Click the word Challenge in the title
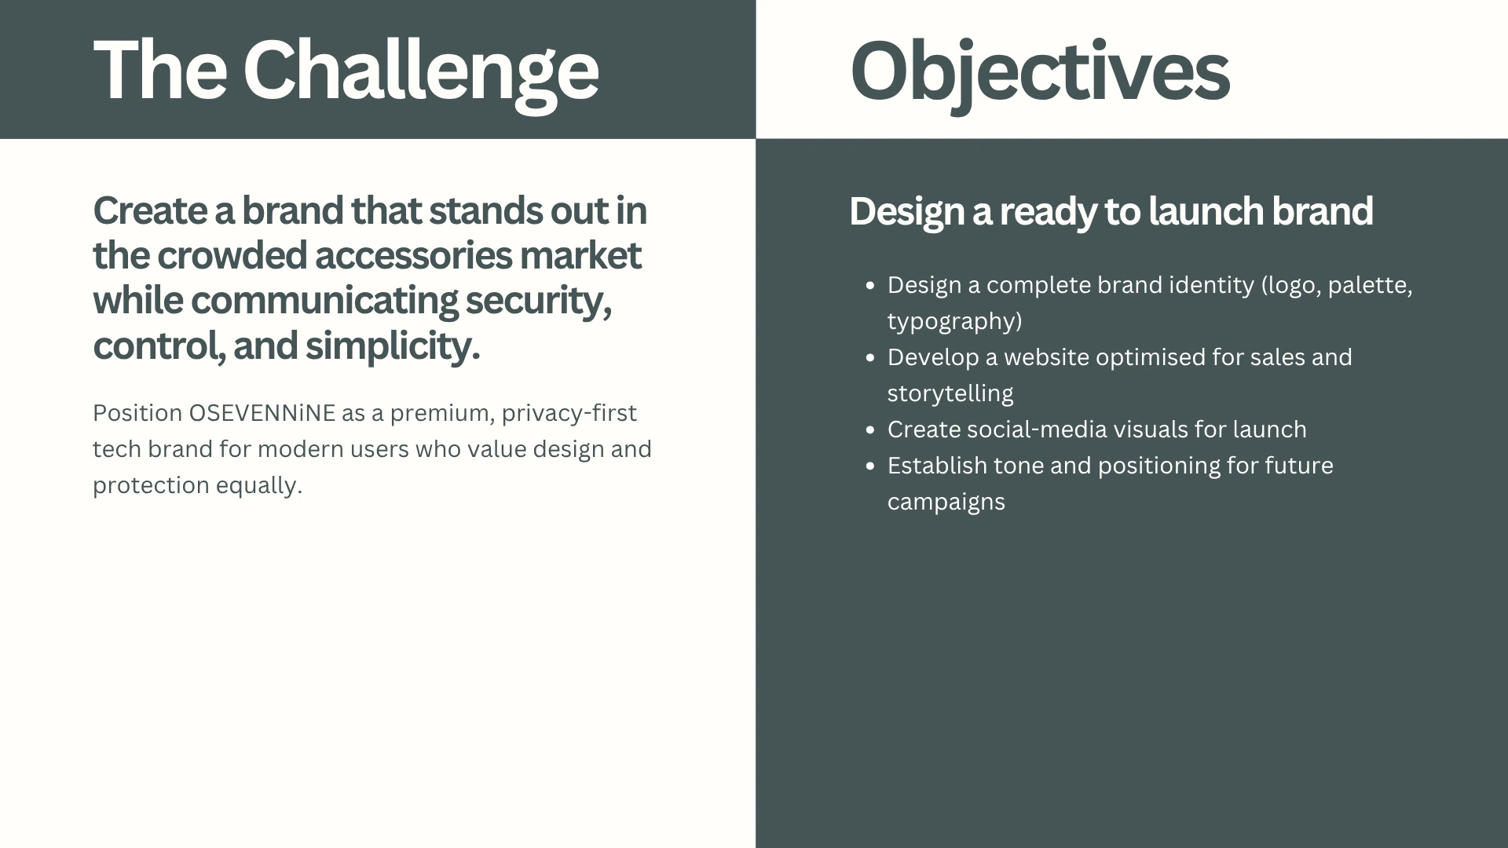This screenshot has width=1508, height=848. [x=421, y=73]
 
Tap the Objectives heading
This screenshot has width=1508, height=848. [x=1040, y=73]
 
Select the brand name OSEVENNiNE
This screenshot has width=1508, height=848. [x=262, y=413]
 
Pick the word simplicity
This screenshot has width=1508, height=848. [x=393, y=346]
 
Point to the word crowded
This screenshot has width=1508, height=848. [x=232, y=255]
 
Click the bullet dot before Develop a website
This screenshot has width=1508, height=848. [x=869, y=358]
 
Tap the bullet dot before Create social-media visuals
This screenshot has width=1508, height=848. [x=869, y=430]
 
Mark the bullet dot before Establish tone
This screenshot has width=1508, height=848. [x=869, y=466]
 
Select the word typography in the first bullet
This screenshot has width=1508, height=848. [x=951, y=322]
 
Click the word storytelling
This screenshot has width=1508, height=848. [x=950, y=394]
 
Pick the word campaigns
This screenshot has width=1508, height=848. [x=946, y=503]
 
